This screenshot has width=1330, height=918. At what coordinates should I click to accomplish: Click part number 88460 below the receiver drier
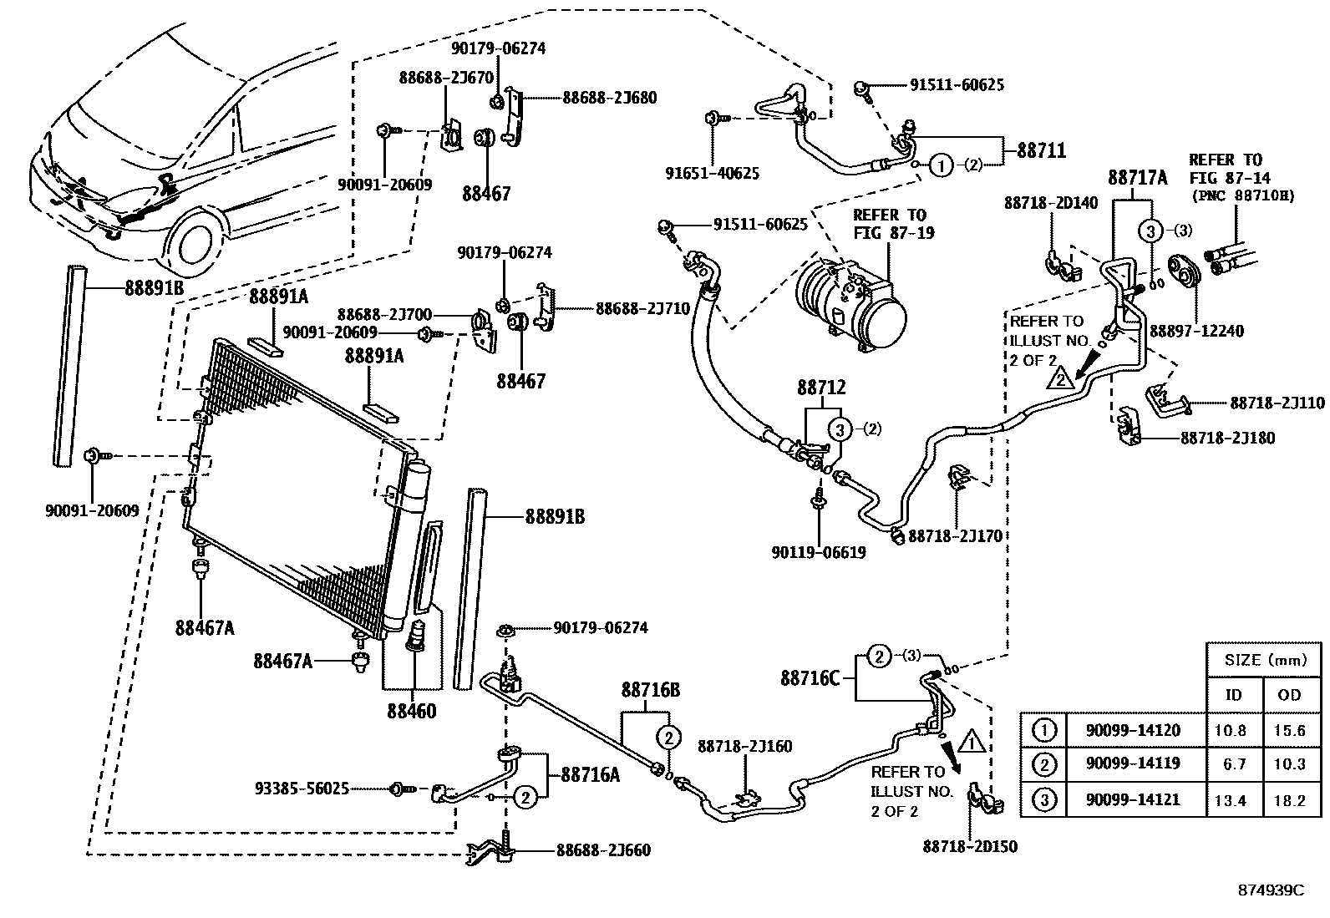(410, 712)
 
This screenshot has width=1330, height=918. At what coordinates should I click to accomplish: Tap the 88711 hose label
(1041, 151)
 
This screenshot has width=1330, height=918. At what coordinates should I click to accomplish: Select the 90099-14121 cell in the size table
(1133, 799)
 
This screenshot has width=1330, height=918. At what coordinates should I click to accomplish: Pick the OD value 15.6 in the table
(1290, 730)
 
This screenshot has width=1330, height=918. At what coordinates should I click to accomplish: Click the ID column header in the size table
(1233, 694)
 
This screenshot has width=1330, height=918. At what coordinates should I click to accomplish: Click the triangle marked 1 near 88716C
(971, 740)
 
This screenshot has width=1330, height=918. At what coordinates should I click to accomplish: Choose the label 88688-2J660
(603, 850)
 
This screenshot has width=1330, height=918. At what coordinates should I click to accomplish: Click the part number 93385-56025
(302, 789)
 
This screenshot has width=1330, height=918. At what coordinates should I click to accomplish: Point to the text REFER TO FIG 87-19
(890, 224)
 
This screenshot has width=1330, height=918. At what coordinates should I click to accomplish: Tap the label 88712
(820, 388)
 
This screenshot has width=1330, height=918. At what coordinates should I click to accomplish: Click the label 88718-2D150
(970, 847)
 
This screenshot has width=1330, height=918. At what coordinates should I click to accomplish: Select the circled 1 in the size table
(1044, 730)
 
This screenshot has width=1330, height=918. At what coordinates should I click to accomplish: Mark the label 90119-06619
(818, 552)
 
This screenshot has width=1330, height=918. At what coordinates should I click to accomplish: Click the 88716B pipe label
(649, 691)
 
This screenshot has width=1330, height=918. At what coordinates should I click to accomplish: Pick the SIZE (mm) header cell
(1265, 660)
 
